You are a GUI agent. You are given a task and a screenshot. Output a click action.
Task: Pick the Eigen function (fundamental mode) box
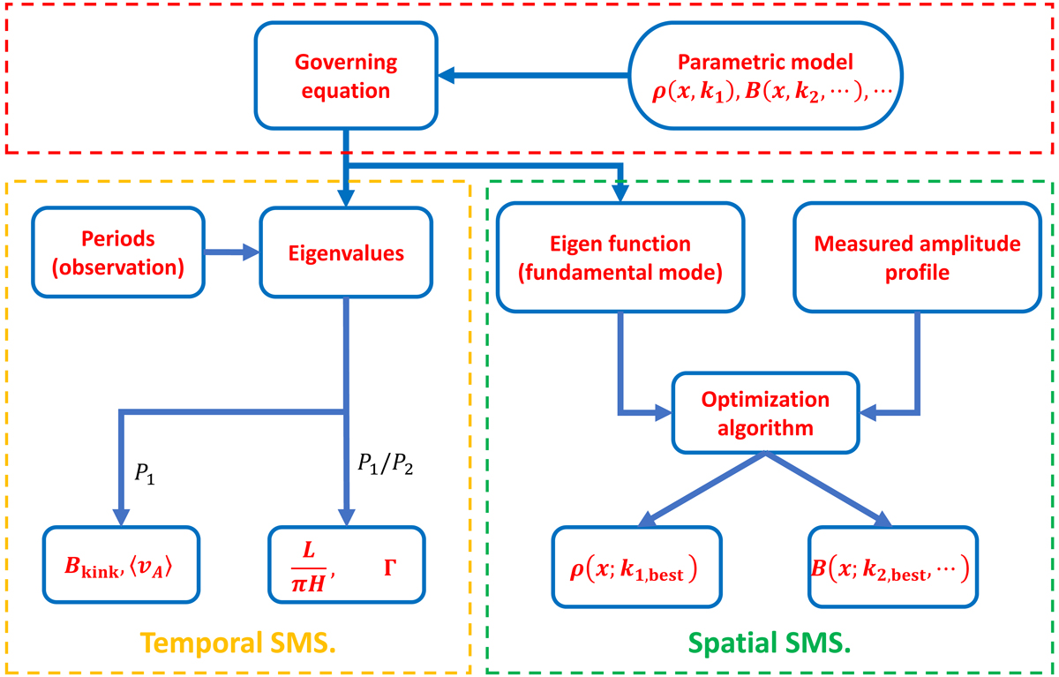pos(619,256)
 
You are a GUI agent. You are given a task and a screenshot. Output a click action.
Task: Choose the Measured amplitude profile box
pos(917,256)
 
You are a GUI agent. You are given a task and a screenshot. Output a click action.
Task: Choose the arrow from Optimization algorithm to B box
pos(830,490)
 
